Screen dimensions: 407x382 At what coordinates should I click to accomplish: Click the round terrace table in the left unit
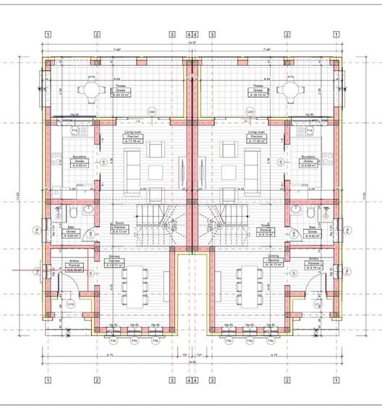tap(92, 89)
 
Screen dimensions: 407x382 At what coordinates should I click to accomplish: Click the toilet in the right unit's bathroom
tap(310, 214)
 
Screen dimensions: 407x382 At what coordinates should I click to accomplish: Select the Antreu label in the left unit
tap(73, 265)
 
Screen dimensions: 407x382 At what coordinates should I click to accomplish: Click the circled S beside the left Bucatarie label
tap(103, 162)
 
